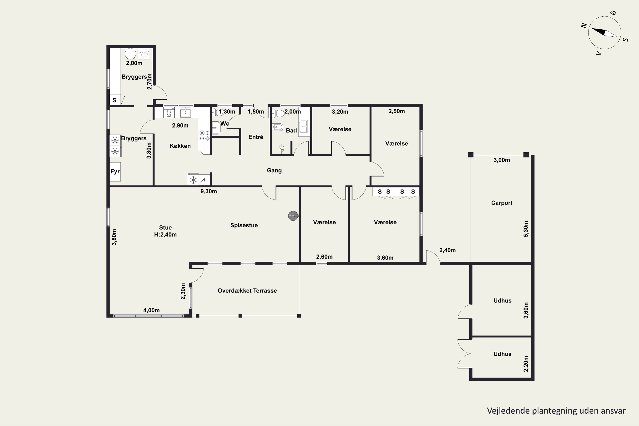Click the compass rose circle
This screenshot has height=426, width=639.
[x=589, y=33]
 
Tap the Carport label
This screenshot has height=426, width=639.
[x=502, y=203]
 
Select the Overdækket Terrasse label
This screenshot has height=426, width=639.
[x=247, y=291]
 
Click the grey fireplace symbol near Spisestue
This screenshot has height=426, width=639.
[x=293, y=216]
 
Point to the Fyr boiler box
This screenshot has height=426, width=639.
[x=115, y=172]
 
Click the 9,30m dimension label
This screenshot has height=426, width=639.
[x=209, y=191]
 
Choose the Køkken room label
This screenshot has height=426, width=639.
[x=180, y=146]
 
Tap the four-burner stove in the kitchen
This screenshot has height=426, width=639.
[x=204, y=135]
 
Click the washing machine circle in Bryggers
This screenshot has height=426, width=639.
[x=130, y=54]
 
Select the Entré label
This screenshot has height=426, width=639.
[x=256, y=137]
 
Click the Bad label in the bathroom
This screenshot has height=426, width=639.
[x=291, y=130]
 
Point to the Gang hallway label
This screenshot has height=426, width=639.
[x=274, y=170]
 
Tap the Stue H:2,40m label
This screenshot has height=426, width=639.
[x=165, y=231]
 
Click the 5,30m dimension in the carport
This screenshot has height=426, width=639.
[x=526, y=229]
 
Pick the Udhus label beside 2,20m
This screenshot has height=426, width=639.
[x=502, y=354]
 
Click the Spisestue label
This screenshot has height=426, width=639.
[x=244, y=225]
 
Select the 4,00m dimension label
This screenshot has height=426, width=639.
[x=151, y=310]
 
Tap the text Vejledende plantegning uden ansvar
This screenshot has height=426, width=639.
[x=556, y=411]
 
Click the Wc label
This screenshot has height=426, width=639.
[x=225, y=124]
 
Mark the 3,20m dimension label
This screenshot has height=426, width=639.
[x=340, y=112]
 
